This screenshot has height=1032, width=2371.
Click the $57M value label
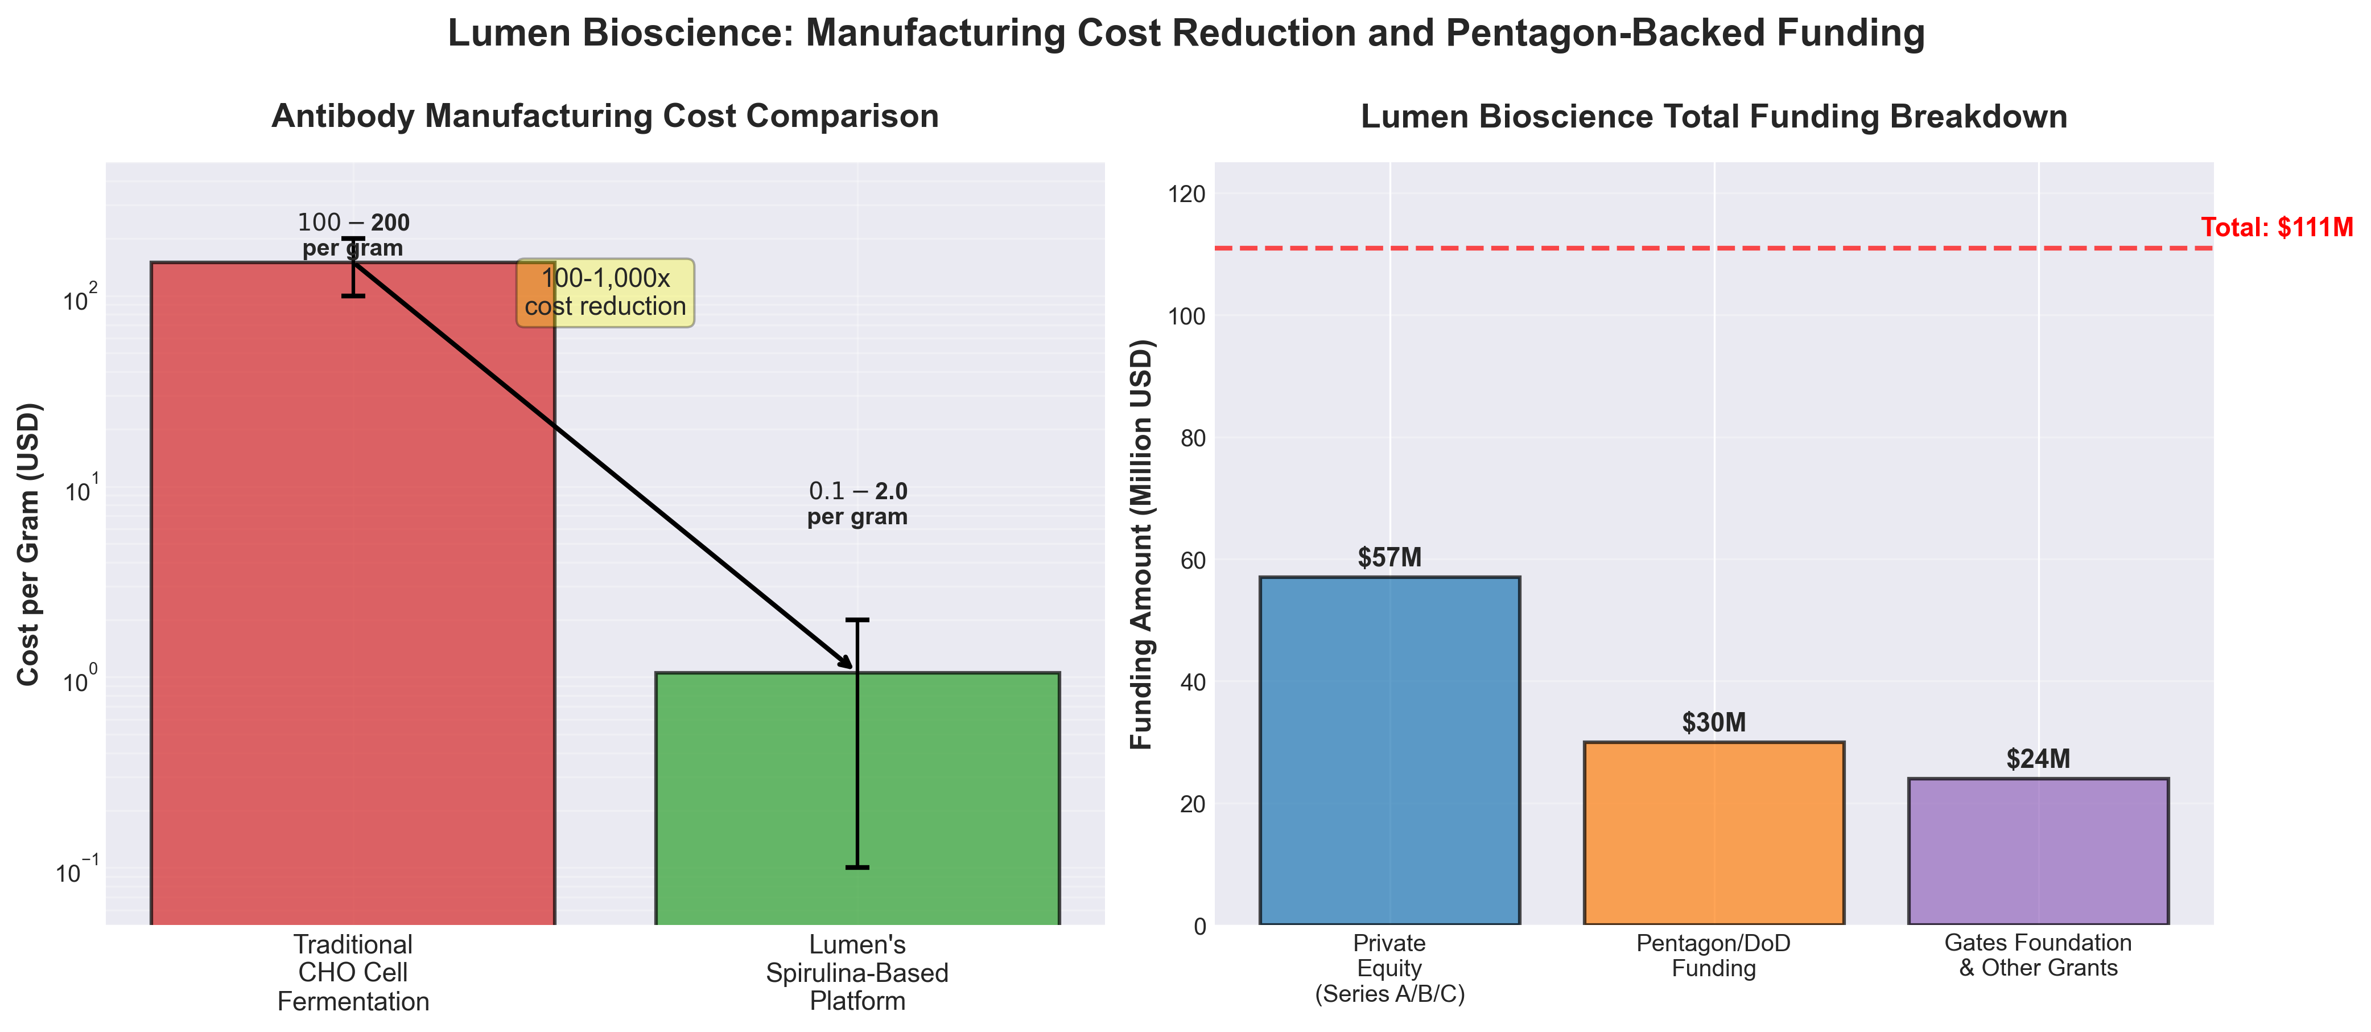(1389, 557)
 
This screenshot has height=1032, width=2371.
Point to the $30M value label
(1713, 723)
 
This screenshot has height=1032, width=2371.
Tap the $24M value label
(2038, 759)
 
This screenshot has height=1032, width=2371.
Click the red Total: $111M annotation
(2276, 227)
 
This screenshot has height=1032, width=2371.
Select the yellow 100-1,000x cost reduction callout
(605, 293)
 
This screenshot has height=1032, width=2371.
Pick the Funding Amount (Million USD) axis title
(1141, 543)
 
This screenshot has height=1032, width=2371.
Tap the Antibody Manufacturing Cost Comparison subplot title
(605, 117)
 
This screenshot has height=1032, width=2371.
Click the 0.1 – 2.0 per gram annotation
(857, 504)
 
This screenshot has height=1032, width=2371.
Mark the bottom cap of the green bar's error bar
(857, 867)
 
